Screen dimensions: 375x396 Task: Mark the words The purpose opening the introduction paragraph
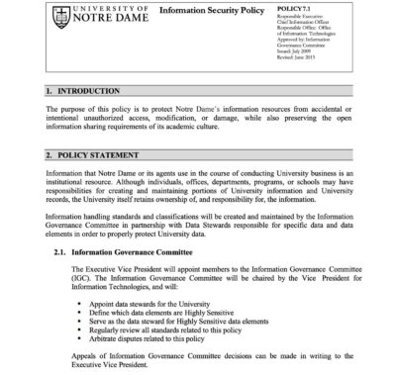[69, 109]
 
